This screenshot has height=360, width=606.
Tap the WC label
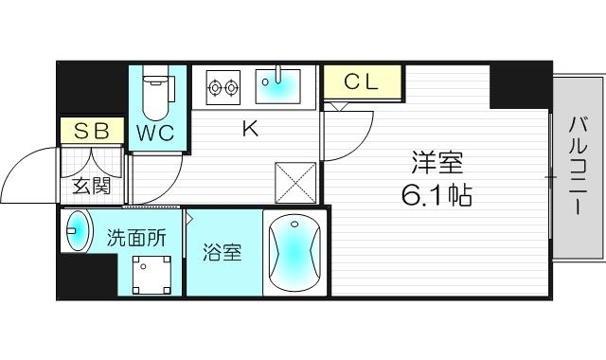(154, 133)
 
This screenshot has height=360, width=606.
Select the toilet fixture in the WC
(156, 90)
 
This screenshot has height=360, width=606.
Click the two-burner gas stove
(223, 88)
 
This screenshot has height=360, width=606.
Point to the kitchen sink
(279, 86)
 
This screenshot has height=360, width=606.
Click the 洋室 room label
(437, 163)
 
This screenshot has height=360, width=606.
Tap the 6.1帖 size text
(437, 197)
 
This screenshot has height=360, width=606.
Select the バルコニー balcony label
(577, 166)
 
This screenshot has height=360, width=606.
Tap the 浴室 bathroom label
(223, 253)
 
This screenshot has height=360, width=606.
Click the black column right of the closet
(519, 85)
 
